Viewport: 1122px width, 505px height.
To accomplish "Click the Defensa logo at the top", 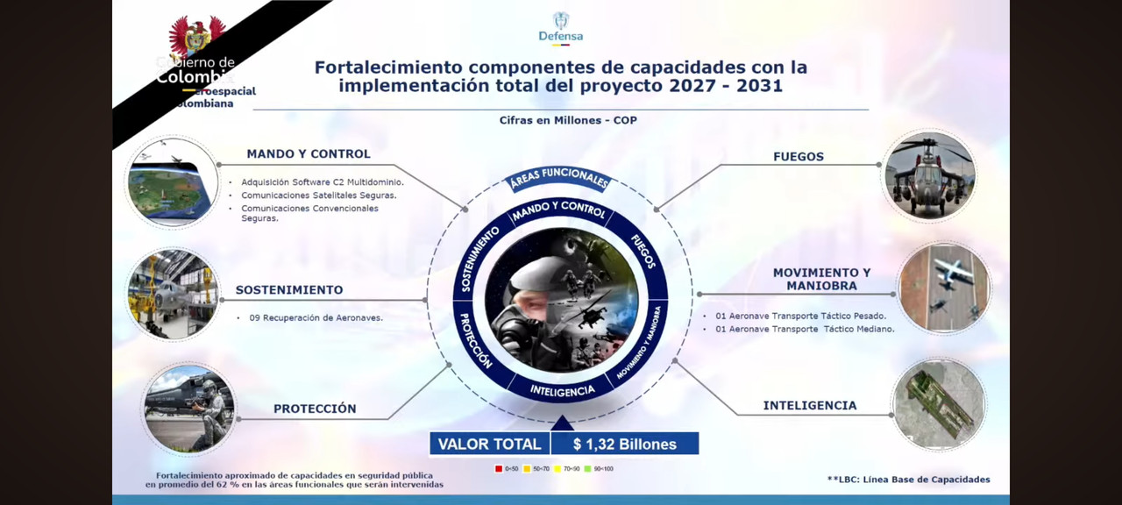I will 561,28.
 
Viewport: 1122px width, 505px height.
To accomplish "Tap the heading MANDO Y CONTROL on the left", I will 309,154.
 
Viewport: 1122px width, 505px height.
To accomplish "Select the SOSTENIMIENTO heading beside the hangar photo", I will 289,290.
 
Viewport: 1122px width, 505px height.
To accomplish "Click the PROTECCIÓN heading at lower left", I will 315,409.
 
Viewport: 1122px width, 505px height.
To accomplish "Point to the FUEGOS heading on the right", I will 799,157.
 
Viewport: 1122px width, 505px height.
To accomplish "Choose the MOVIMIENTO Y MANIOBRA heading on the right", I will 821,279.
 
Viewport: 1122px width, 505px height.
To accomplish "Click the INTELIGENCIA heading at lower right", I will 810,406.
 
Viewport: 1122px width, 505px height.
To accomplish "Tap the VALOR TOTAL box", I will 489,445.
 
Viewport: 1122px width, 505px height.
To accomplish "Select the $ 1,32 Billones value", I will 625,445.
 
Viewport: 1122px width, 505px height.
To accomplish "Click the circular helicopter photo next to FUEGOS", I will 929,175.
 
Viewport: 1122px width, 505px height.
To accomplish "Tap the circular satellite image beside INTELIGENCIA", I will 939,404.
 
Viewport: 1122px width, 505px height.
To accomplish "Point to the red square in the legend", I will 499,469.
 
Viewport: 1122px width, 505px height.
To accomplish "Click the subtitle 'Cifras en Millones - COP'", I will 568,120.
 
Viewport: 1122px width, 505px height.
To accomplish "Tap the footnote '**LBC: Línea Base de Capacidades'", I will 908,480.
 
